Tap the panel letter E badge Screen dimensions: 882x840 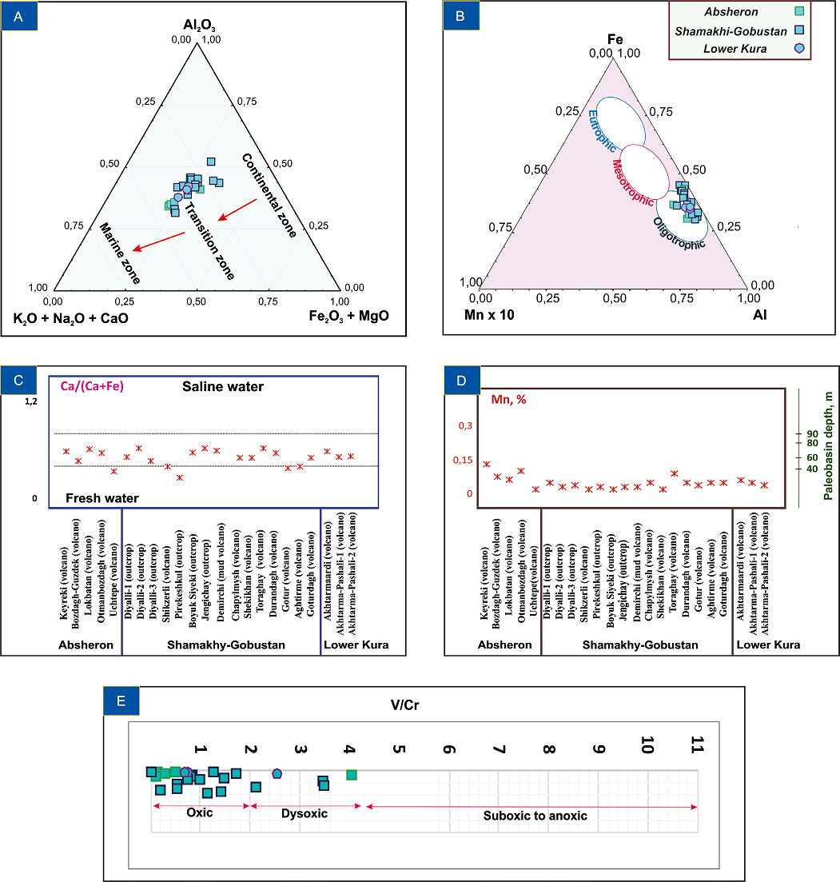(x=121, y=700)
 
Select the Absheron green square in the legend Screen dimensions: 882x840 (x=798, y=12)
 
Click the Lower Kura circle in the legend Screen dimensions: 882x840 (x=798, y=48)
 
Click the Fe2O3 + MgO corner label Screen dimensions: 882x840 (x=348, y=317)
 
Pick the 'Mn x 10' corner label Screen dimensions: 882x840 (x=488, y=315)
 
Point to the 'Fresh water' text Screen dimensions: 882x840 (x=102, y=498)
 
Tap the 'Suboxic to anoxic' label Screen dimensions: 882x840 (x=535, y=816)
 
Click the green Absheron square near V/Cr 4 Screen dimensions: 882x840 (x=352, y=774)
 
